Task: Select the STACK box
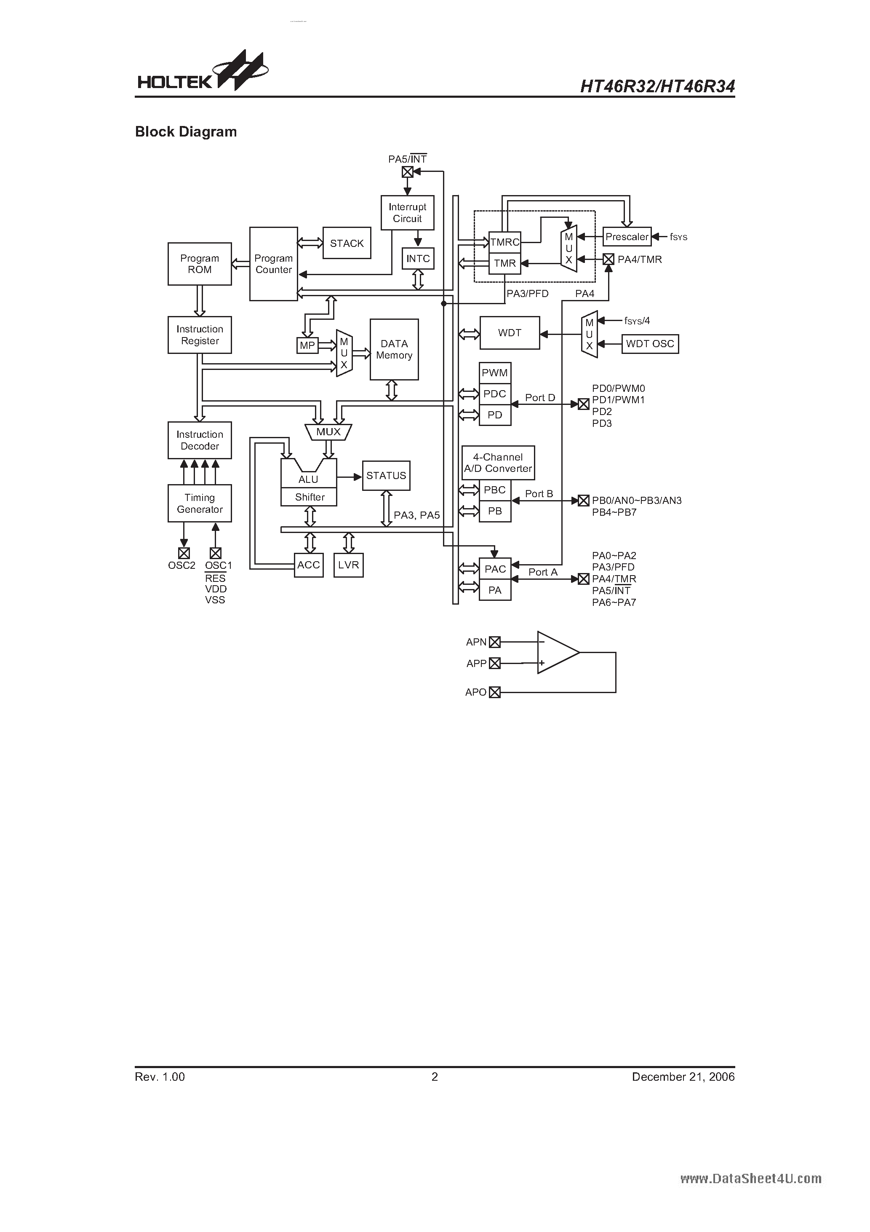pyautogui.click(x=347, y=243)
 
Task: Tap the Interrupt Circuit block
pyautogui.click(x=407, y=212)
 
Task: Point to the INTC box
pyautogui.click(x=418, y=259)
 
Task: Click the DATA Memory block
pyautogui.click(x=394, y=349)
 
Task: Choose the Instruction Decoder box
pyautogui.click(x=200, y=440)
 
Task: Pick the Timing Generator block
pyautogui.click(x=200, y=504)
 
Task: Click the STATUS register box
pyautogui.click(x=386, y=475)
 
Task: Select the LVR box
pyautogui.click(x=348, y=565)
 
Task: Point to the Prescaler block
pyautogui.click(x=627, y=237)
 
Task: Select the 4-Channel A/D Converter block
pyautogui.click(x=498, y=463)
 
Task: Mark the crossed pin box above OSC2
pyautogui.click(x=184, y=553)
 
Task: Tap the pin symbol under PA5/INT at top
pyautogui.click(x=408, y=172)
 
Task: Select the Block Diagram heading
pyautogui.click(x=186, y=131)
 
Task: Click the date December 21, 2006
pyautogui.click(x=683, y=1077)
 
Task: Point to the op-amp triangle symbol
pyautogui.click(x=557, y=653)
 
